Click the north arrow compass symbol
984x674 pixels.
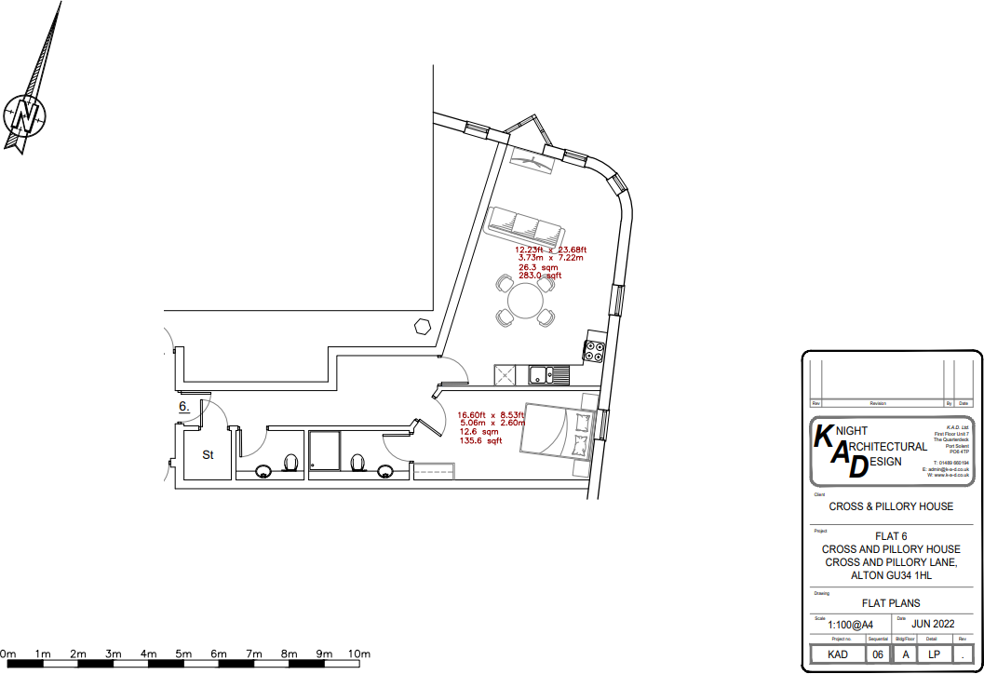26,115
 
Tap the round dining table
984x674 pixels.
525,301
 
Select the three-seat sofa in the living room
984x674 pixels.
524,225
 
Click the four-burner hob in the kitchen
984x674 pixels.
594,352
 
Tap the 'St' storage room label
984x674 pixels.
209,455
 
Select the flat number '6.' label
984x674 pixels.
184,407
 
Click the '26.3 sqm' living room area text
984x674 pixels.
538,267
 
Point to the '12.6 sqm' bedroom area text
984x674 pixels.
479,432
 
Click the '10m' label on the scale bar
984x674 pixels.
359,654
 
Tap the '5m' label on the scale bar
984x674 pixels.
183,654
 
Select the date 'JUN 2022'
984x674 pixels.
934,624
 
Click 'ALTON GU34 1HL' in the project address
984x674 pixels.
891,575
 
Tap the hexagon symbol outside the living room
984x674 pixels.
423,325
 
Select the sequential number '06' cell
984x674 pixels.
878,654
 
